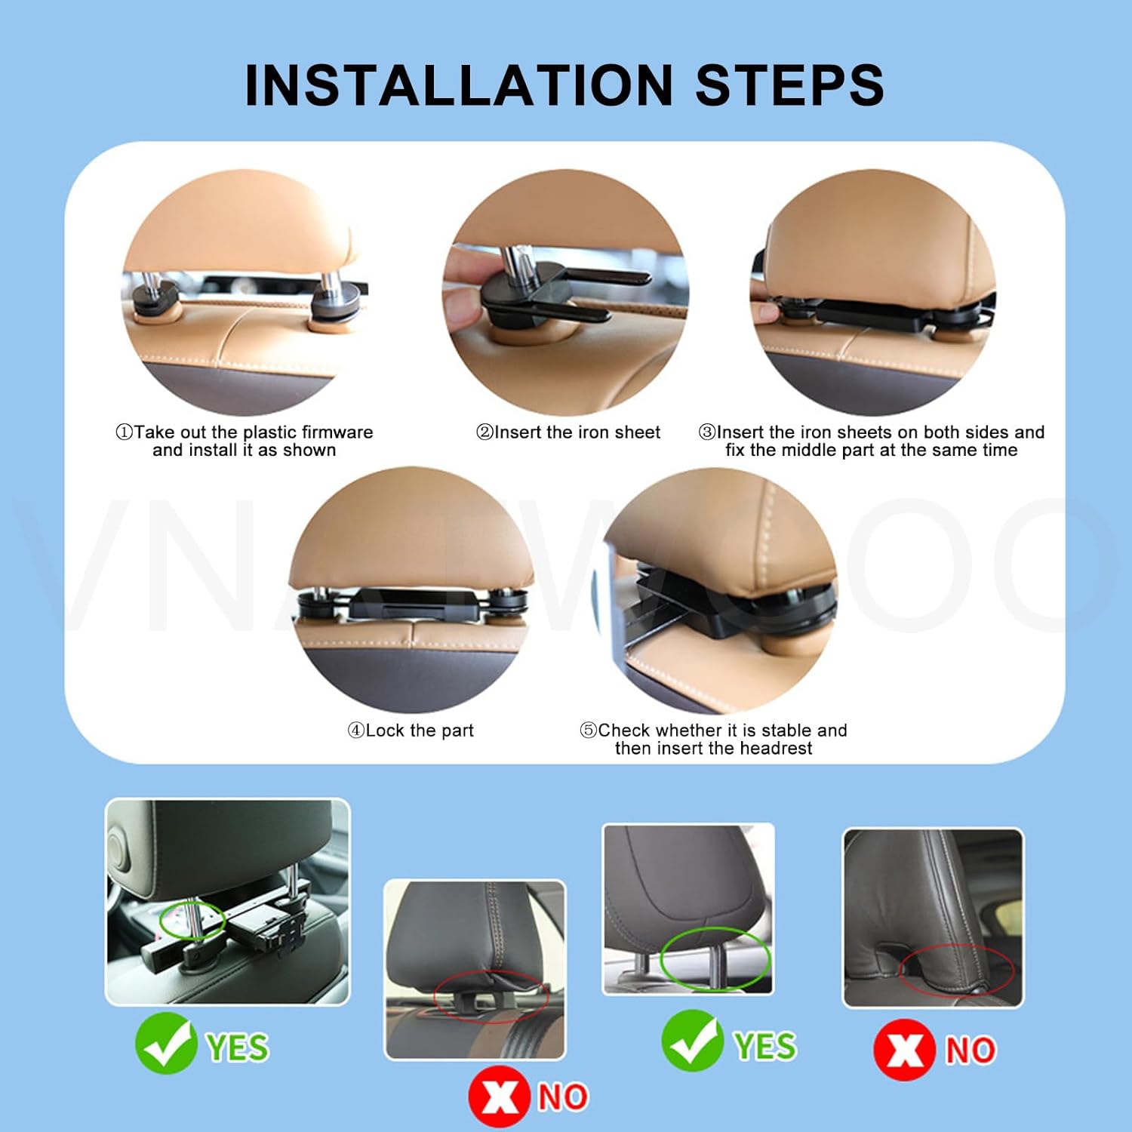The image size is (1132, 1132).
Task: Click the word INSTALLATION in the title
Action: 459,85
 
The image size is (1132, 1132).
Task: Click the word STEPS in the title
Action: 789,85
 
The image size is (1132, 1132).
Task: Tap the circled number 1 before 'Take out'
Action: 124,432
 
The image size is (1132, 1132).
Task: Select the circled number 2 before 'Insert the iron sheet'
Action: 484,432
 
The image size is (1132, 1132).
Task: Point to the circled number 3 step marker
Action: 707,432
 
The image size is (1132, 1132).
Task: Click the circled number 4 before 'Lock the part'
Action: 355,731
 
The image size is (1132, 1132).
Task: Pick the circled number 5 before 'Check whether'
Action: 588,731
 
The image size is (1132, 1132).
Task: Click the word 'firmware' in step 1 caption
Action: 337,432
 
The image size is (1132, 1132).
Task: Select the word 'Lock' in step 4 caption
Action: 385,731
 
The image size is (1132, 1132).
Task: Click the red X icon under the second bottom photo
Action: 499,1096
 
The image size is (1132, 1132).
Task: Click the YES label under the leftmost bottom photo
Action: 238,1047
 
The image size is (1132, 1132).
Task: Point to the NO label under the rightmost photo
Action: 971,1050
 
